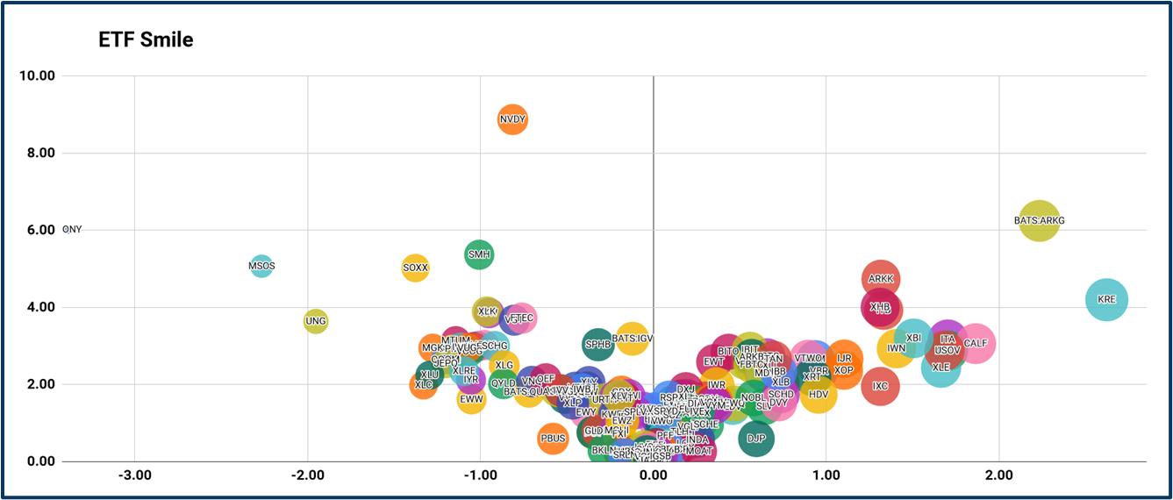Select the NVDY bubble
512,119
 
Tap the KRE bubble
1106,299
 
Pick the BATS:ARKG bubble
1039,221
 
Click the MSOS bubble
261,265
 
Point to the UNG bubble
316,321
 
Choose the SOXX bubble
415,268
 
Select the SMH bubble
479,255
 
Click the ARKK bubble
880,279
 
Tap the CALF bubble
976,344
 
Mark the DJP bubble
756,438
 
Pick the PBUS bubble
553,438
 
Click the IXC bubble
880,386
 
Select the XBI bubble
913,338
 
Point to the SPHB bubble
597,344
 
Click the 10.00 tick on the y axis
37,75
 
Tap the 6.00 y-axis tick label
39,230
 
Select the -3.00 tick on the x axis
134,475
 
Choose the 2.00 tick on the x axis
998,475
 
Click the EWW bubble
471,399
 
